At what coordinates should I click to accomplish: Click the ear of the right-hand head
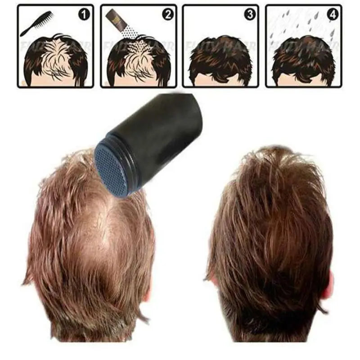[328, 283]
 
